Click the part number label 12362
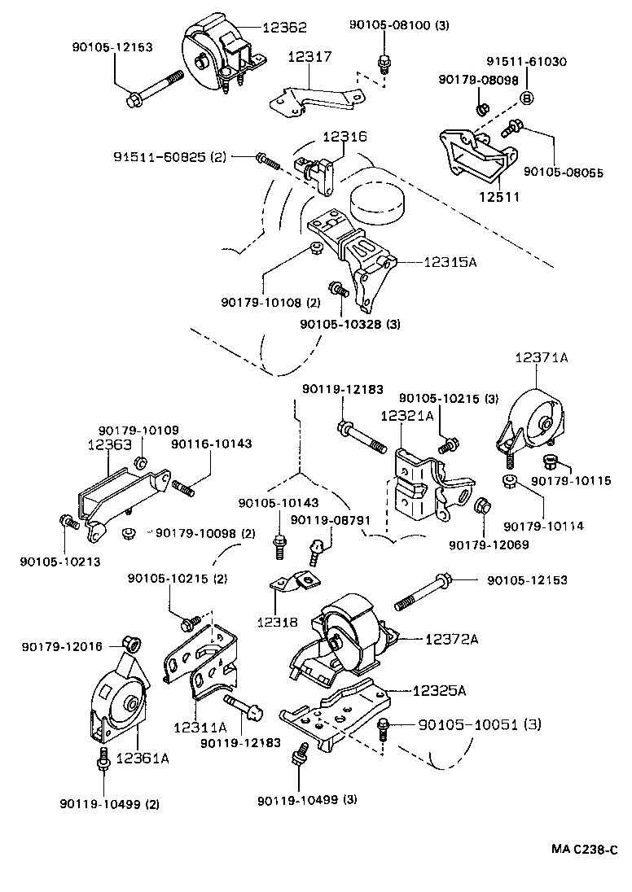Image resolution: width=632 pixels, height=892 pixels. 284,27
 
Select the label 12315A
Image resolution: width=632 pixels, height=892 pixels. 451,263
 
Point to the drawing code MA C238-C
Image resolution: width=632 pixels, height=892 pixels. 583,850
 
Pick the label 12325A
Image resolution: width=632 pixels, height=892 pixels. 439,691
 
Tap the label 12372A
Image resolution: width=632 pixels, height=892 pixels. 451,639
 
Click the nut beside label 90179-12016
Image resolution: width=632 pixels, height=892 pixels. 129,644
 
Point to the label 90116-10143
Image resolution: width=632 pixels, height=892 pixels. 210,444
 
